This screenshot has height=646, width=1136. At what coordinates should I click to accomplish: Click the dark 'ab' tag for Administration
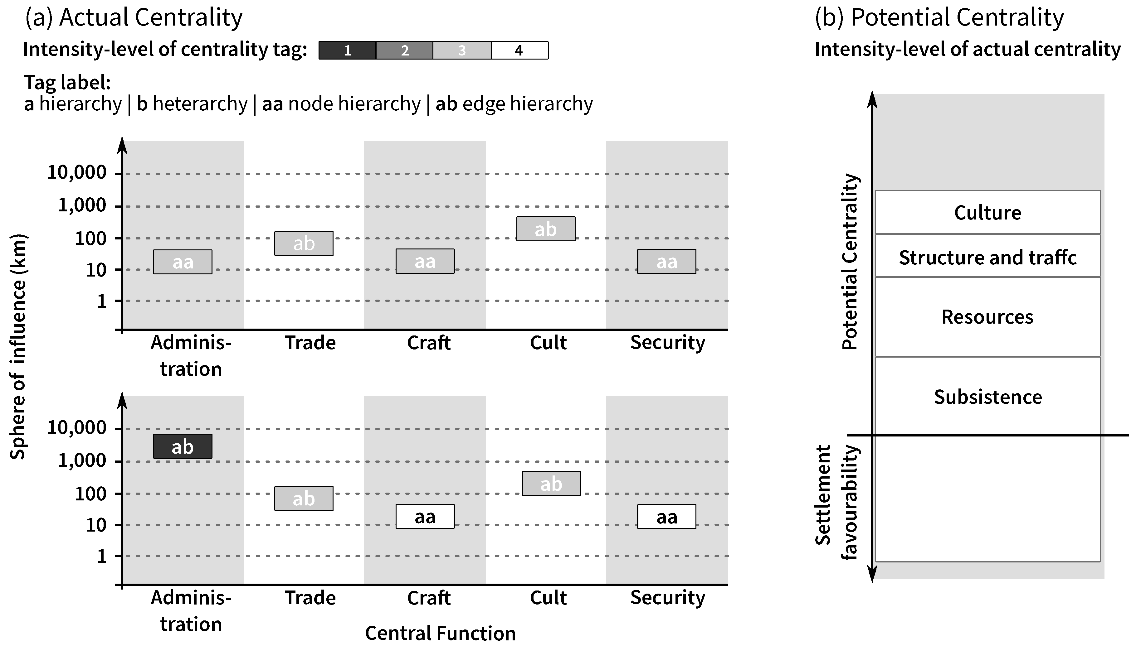183,446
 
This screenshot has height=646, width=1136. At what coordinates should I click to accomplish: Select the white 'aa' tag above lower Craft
425,516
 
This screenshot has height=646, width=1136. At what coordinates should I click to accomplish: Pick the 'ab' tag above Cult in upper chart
546,229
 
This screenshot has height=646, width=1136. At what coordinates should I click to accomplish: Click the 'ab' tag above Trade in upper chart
304,243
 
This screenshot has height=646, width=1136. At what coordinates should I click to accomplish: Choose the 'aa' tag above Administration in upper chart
183,262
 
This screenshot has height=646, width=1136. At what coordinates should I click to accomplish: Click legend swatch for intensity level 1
348,51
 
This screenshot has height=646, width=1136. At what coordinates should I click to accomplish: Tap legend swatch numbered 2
404,51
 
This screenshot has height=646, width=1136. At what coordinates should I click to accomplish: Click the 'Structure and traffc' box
987,257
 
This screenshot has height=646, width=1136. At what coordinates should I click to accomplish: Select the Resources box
987,317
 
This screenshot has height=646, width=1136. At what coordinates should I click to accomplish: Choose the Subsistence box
987,397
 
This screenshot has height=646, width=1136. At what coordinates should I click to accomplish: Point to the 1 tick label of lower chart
102,556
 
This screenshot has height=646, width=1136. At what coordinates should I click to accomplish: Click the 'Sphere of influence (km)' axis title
18,347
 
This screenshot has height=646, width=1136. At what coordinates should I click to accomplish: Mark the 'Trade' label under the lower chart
310,598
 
